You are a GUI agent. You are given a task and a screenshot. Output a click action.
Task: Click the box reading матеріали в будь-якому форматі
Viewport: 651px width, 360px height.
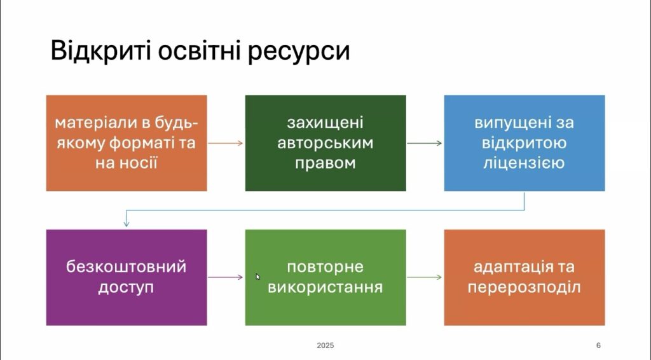click(x=127, y=143)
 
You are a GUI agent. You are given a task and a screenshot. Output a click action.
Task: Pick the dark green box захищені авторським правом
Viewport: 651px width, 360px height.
click(x=325, y=143)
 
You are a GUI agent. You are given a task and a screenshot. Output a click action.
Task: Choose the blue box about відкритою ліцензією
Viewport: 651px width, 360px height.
click(x=524, y=143)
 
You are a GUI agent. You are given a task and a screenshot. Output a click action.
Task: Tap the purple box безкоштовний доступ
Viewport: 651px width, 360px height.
click(x=127, y=277)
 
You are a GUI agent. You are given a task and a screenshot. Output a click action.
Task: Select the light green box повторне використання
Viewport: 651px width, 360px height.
click(x=325, y=277)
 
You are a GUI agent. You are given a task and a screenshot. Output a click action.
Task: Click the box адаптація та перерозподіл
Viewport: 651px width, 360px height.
click(x=524, y=277)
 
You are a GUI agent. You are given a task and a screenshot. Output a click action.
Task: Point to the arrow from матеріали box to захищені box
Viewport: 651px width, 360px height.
click(x=226, y=143)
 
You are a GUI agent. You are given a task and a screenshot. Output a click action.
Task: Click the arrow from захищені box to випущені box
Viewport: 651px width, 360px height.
click(x=424, y=143)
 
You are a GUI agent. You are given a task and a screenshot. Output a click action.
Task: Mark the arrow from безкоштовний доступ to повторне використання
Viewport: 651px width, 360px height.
click(x=226, y=277)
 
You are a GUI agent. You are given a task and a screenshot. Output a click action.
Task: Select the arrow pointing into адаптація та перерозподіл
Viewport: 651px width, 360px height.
click(x=424, y=277)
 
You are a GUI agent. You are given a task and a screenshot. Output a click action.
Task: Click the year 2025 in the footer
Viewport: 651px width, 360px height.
click(x=325, y=345)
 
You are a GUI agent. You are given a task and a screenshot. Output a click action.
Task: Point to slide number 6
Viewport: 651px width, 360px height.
click(x=598, y=345)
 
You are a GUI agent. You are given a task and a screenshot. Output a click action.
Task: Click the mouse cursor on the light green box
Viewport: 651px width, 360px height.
click(x=258, y=277)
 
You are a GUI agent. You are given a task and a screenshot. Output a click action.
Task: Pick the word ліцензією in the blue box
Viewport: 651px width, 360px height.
click(x=524, y=162)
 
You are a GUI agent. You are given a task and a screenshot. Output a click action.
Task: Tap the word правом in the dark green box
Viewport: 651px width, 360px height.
click(x=325, y=163)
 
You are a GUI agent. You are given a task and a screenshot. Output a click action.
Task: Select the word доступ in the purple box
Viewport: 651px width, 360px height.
click(x=127, y=287)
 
